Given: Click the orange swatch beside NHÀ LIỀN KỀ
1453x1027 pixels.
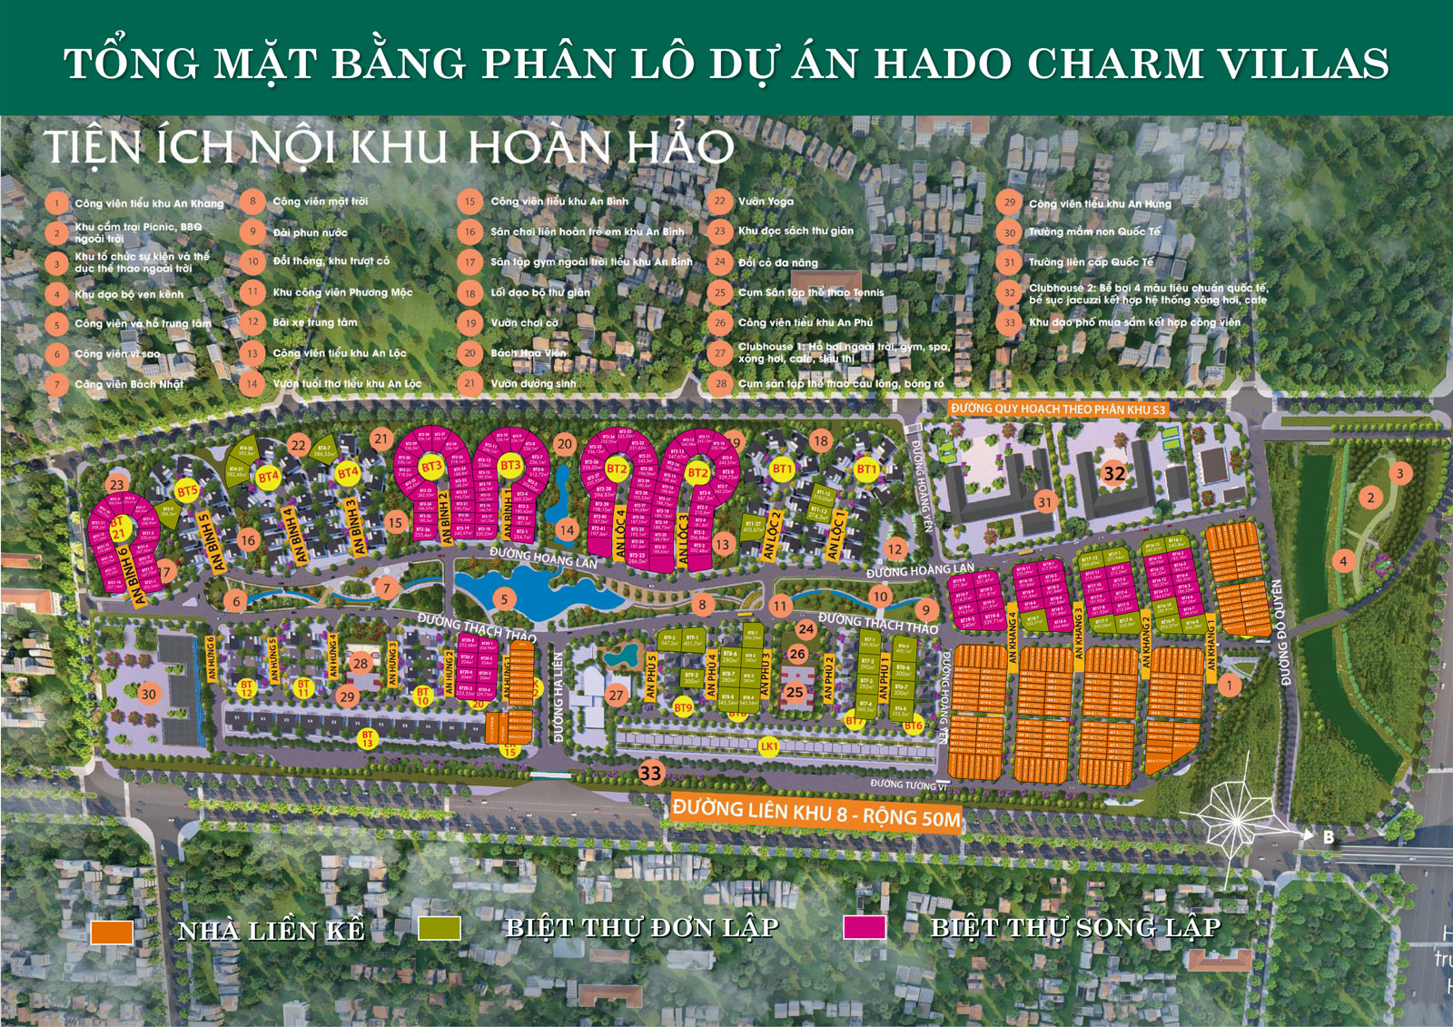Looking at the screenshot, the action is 113,932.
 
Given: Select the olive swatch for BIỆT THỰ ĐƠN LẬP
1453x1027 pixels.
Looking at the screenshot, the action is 440,927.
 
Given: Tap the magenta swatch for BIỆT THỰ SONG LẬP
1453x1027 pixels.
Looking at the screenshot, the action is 864,926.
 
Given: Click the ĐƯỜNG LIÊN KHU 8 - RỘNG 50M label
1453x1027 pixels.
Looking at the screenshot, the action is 815,812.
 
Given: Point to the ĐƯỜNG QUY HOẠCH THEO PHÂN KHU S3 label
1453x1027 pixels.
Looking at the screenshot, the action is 1057,410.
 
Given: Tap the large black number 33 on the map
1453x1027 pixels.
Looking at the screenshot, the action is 651,774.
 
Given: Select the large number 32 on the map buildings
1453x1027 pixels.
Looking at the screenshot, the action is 1114,473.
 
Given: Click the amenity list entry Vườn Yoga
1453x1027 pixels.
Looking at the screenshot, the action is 766,202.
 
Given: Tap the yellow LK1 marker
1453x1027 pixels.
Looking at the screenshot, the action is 769,746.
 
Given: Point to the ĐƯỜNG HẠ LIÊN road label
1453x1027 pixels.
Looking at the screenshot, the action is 558,697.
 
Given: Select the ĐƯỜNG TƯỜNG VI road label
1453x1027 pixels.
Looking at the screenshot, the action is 908,784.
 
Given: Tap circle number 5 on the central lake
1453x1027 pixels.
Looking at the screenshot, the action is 504,598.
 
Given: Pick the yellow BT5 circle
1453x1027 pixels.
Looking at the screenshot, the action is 187,492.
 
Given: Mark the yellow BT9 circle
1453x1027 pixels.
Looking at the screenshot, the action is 683,707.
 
